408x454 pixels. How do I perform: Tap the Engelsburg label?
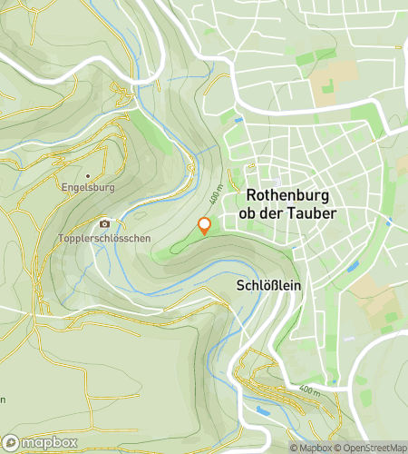click(x=87, y=190)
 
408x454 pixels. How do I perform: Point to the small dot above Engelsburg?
click(x=87, y=175)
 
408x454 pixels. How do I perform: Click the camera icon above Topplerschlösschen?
click(x=104, y=223)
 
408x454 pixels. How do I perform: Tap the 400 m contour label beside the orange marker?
click(x=216, y=194)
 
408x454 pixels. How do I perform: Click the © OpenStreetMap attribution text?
click(x=372, y=448)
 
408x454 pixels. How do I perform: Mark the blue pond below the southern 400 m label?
click(x=264, y=410)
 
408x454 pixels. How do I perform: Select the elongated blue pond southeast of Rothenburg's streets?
click(x=353, y=265)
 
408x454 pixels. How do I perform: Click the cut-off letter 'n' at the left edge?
click(x=3, y=400)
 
